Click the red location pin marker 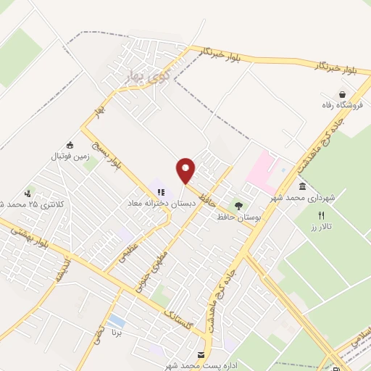[186, 170]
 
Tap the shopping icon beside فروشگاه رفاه [342, 94]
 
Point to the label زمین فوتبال [69, 156]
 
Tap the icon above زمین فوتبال [70, 144]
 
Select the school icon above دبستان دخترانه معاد [160, 193]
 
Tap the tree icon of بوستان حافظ [238, 207]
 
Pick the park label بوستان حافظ [238, 217]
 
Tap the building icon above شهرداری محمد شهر [301, 187]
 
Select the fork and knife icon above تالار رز [322, 214]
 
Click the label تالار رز [322, 226]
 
